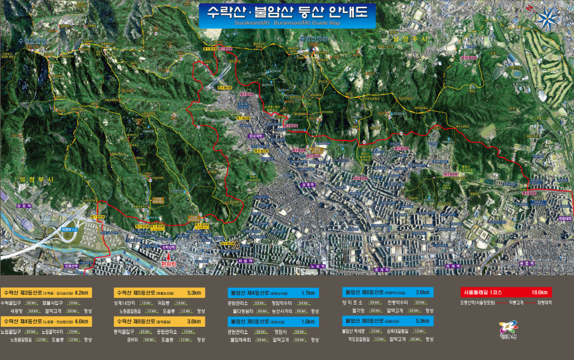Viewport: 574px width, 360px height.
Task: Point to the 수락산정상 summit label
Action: click(x=33, y=41)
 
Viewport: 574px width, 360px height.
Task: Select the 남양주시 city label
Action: click(x=409, y=40)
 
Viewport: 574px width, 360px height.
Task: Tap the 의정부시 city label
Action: click(x=36, y=180)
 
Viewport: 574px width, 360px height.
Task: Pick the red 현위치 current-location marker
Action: click(x=168, y=262)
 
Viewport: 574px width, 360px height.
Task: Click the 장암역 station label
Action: click(x=24, y=206)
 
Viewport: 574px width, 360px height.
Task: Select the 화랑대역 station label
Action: click(x=564, y=218)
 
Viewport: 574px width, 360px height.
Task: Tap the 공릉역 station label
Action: click(x=526, y=262)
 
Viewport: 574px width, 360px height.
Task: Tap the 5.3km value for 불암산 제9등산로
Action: click(x=422, y=320)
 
